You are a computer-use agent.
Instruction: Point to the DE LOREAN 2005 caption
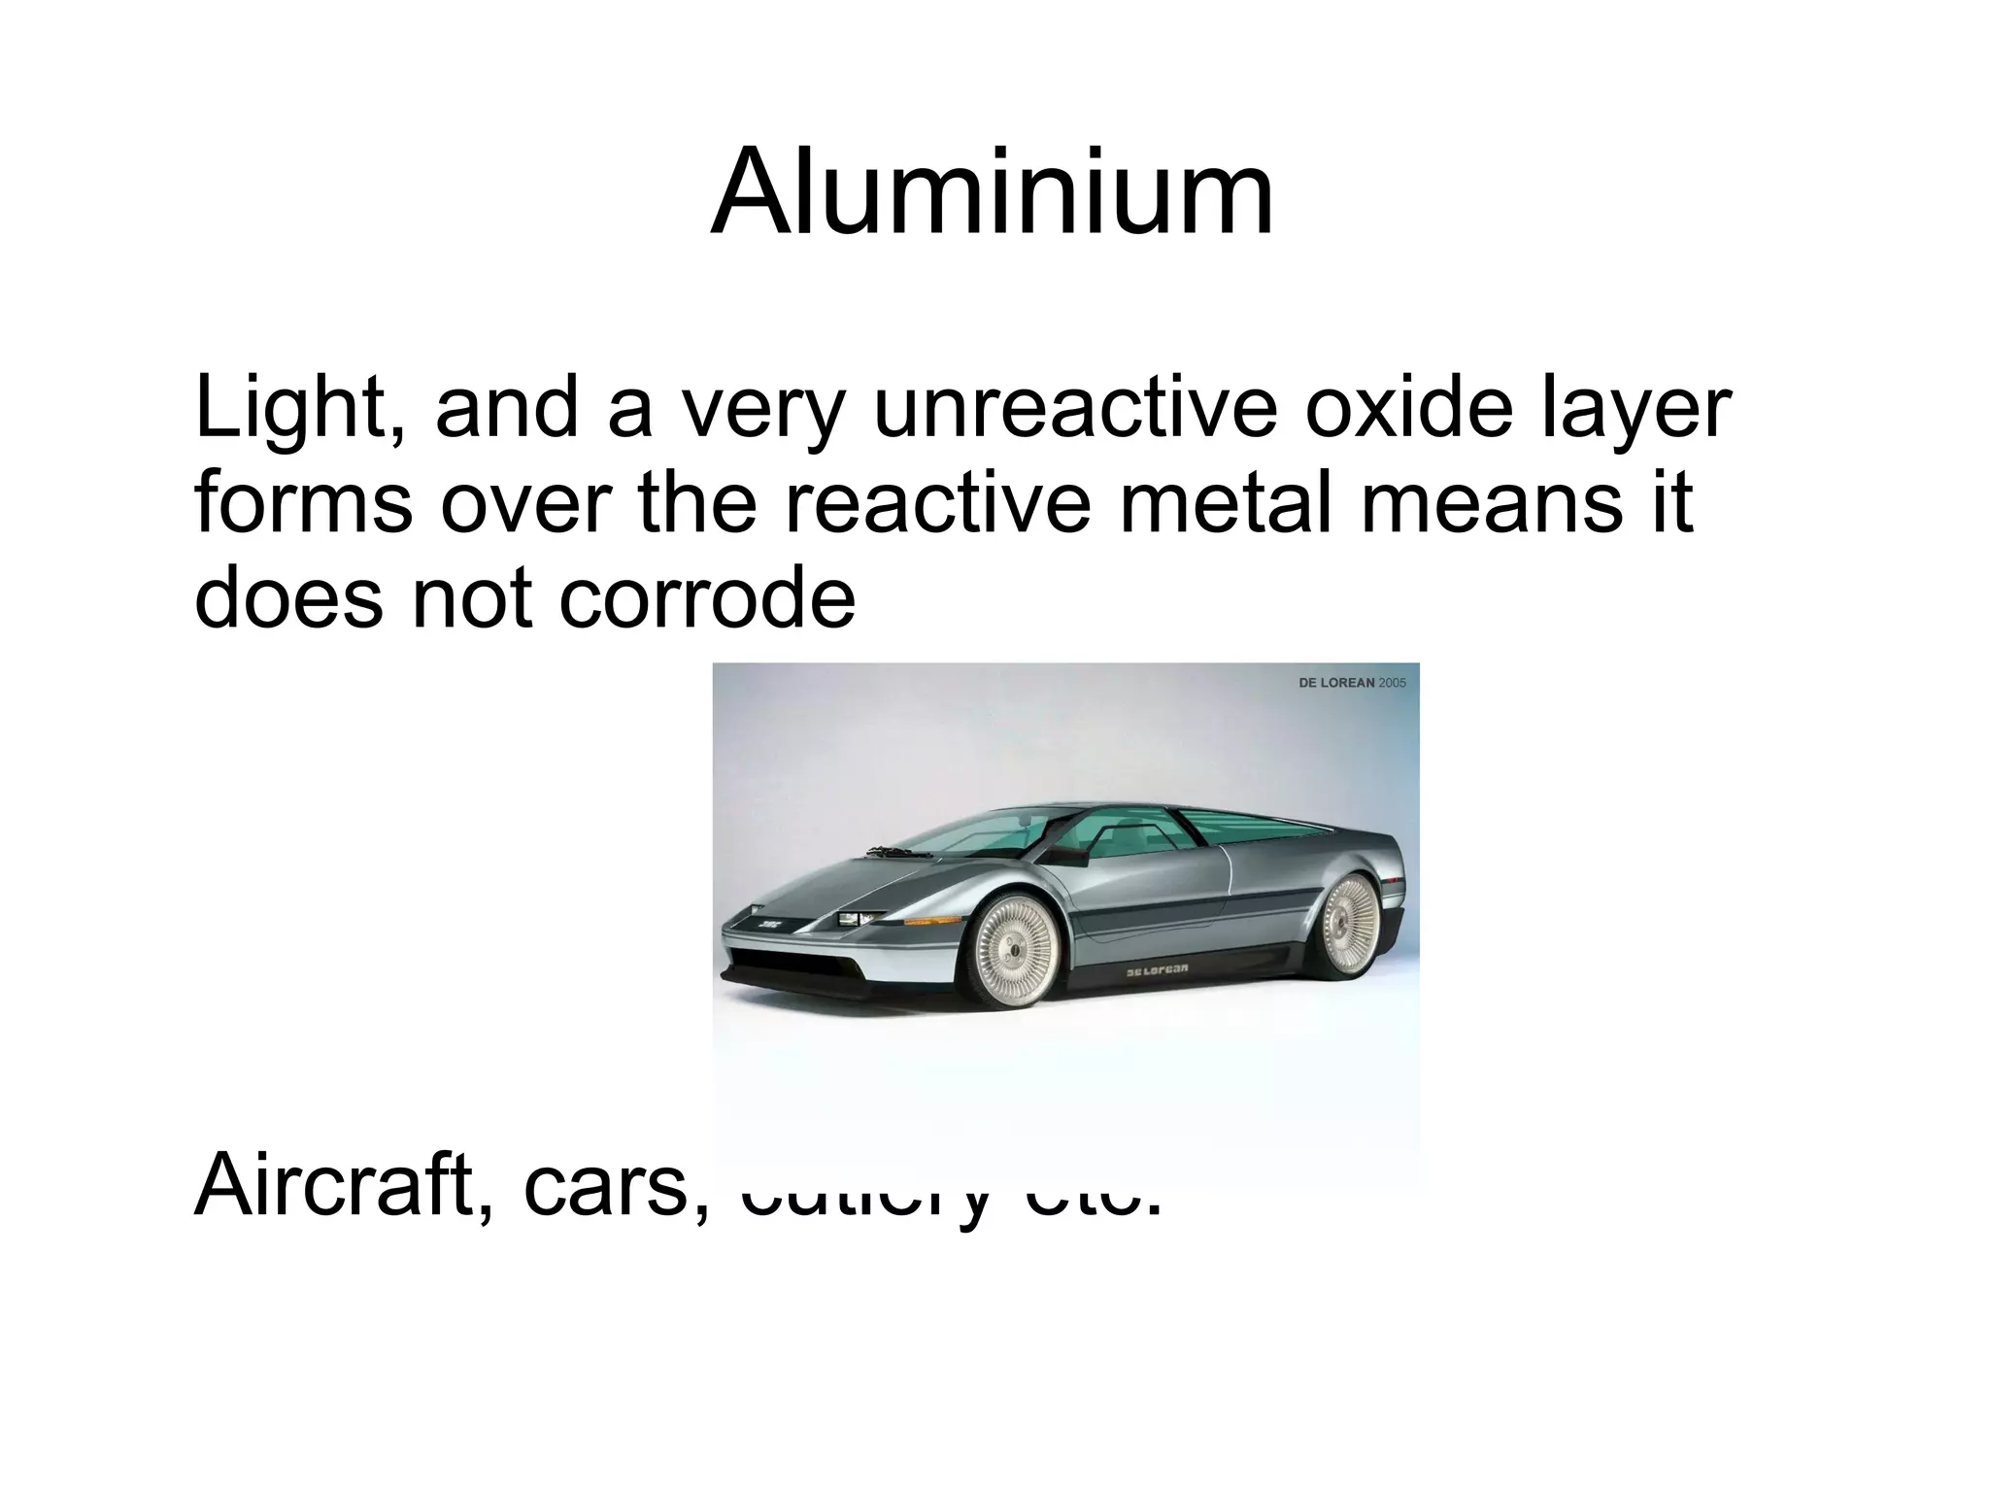[1351, 683]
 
